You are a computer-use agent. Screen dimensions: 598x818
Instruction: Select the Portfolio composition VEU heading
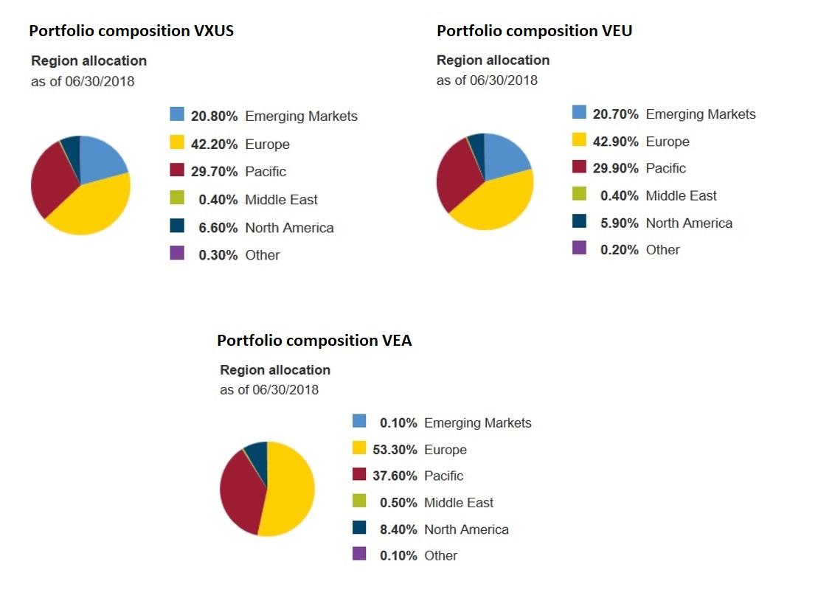coord(535,30)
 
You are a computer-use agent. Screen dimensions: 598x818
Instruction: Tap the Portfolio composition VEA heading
coord(314,340)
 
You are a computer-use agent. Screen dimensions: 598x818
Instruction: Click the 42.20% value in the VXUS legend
coord(214,145)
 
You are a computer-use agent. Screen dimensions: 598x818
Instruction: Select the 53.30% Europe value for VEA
coord(395,450)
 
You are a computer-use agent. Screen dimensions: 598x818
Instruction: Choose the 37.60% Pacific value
coord(395,476)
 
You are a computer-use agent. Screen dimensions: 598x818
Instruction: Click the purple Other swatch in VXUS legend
coord(177,254)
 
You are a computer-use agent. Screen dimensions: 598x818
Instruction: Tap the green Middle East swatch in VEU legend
coord(579,194)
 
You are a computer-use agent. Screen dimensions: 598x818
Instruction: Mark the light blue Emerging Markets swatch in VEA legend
coord(359,421)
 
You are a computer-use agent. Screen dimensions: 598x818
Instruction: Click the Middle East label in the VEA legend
coord(458,503)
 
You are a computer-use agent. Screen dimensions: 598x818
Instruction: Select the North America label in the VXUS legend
coord(289,228)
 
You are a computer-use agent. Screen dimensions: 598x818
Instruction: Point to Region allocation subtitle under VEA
coord(275,369)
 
